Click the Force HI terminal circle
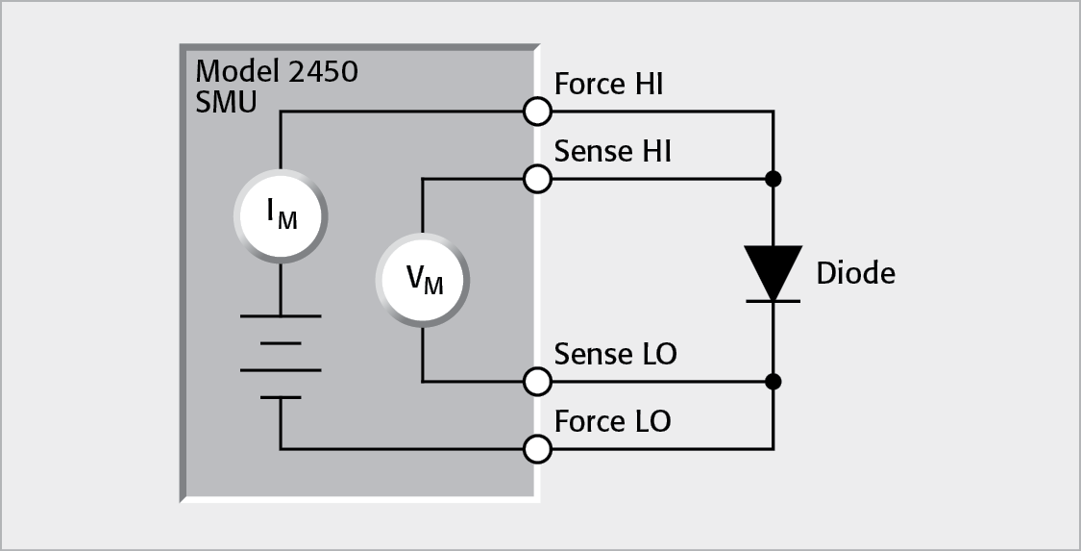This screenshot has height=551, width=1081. tap(537, 112)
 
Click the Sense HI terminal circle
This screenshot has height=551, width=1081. tap(537, 179)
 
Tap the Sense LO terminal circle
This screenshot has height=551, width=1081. tap(537, 382)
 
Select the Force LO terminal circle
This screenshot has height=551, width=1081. tap(537, 448)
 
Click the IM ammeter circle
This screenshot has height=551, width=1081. tap(281, 216)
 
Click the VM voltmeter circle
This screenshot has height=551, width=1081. tap(423, 280)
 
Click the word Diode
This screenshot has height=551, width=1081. tap(855, 274)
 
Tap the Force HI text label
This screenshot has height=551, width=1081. tap(608, 85)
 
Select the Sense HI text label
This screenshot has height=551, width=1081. tap(612, 151)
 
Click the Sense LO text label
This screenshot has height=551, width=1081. tap(615, 354)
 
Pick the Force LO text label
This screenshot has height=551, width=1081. tap(612, 421)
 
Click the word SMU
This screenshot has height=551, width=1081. tap(226, 102)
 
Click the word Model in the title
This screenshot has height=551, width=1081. tap(234, 71)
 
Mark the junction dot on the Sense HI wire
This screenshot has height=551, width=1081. tap(774, 179)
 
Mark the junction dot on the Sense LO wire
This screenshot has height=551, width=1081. tap(774, 382)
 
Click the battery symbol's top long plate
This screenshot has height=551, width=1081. tap(281, 315)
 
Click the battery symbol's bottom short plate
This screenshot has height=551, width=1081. tap(281, 396)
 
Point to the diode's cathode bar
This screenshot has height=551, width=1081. tap(774, 301)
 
